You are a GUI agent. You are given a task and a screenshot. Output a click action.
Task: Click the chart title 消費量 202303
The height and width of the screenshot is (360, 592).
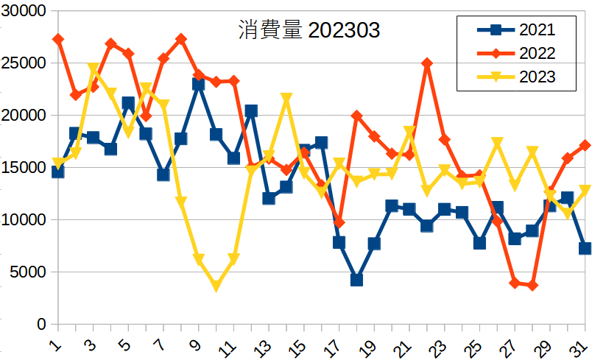pos(309,31)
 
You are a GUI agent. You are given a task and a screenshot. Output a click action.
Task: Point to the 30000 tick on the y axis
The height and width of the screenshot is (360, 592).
pos(26,11)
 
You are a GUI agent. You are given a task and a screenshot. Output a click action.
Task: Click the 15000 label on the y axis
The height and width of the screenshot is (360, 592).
pos(26,168)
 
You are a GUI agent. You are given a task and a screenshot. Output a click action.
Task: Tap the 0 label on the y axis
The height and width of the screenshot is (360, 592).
pos(41,325)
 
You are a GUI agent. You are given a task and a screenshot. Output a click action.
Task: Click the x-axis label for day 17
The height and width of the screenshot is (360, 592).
pos(336,344)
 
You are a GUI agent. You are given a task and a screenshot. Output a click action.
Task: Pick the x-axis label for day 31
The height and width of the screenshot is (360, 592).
pos(581,344)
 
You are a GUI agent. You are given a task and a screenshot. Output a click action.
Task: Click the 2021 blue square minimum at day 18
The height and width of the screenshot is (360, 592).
pos(356,280)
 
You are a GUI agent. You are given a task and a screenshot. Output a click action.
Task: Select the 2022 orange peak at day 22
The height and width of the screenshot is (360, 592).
pos(426,63)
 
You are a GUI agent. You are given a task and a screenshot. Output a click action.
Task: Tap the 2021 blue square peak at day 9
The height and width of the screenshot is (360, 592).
pos(198,84)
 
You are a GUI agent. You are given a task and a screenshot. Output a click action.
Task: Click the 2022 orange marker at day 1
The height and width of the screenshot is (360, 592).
pos(57,39)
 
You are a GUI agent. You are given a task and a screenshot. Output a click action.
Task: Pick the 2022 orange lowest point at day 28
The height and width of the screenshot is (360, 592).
pos(532,286)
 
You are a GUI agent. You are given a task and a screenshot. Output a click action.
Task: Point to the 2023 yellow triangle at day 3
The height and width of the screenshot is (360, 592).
pos(93,68)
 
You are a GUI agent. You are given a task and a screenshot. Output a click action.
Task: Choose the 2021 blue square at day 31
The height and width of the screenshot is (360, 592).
pos(585,248)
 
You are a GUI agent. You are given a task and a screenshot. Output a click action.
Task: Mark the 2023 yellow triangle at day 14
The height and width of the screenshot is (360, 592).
pos(286,99)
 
